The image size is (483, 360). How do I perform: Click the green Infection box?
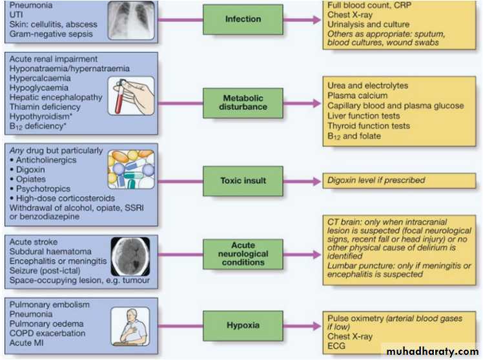[x=243, y=19]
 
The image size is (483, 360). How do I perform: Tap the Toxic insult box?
[x=243, y=181]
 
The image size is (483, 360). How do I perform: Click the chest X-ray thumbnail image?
[x=130, y=20]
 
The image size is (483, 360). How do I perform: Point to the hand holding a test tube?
[x=132, y=97]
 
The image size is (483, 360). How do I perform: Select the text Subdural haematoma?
[x=50, y=251]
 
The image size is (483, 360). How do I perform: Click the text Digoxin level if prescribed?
[x=377, y=181]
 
